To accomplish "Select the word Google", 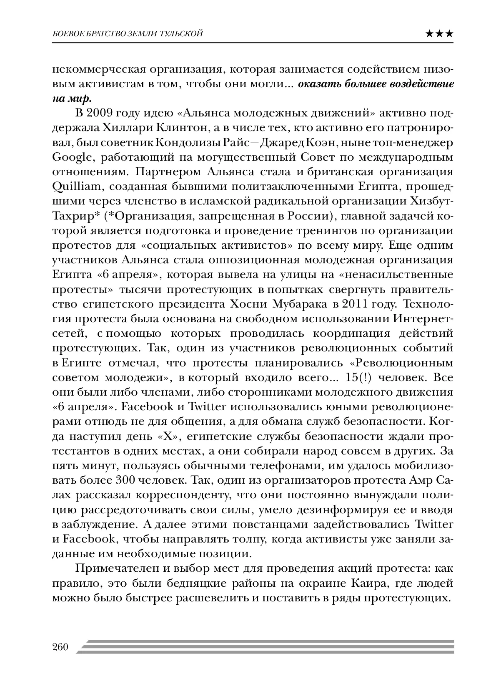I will (72, 157).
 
